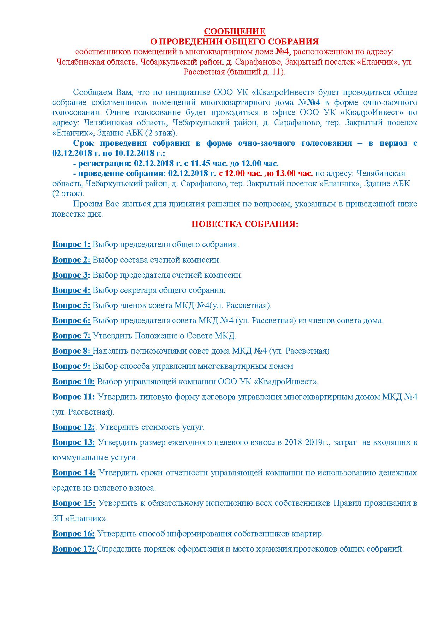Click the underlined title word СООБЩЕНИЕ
click(235, 31)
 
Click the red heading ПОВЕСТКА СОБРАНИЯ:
click(245, 224)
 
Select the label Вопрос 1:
click(71, 244)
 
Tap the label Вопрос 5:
click(71, 305)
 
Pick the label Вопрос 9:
click(71, 366)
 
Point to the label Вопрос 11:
click(73, 397)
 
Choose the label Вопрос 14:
click(74, 473)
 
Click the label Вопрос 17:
click(74, 549)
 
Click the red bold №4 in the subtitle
click(282, 52)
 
